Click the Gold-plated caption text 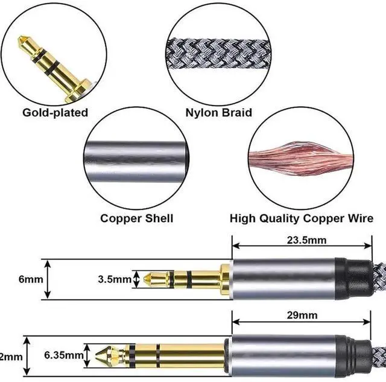(55, 112)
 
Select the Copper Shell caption (137, 218)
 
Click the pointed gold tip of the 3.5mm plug (150, 279)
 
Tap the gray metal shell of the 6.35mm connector (289, 356)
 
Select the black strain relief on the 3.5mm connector (341, 279)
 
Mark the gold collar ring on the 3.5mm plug (225, 279)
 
